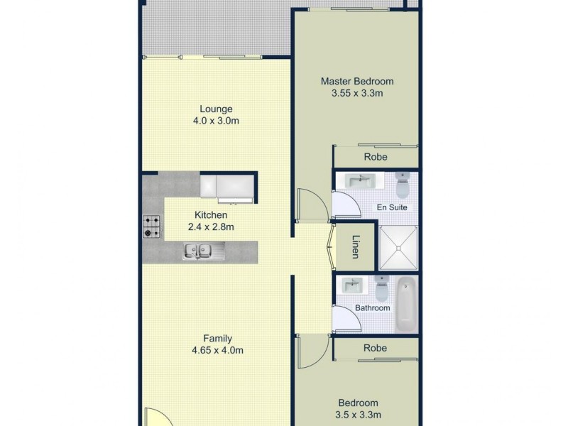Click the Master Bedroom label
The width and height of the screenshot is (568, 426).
click(356, 81)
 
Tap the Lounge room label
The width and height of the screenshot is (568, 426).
click(217, 109)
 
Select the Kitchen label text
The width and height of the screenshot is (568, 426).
click(211, 214)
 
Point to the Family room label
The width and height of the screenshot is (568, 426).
click(217, 339)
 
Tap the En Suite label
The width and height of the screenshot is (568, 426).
click(392, 208)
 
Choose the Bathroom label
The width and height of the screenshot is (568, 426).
click(373, 308)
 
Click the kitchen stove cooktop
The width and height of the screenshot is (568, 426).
click(151, 226)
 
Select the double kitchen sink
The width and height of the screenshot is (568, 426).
click(198, 249)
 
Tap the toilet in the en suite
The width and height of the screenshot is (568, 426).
click(403, 187)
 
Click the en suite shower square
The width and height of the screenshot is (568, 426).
click(398, 248)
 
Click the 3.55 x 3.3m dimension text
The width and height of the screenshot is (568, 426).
click(356, 93)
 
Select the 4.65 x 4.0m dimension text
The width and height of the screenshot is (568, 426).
click(217, 351)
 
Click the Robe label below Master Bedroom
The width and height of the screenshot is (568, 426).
click(376, 157)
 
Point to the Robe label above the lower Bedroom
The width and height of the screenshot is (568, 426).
click(375, 348)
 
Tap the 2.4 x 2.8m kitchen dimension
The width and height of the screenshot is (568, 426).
click(211, 227)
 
